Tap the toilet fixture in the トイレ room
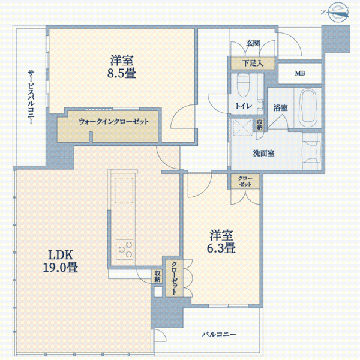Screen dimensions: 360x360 pos(243,85)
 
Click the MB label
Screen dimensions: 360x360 pos(300,73)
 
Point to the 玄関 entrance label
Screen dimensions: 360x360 pos(253,43)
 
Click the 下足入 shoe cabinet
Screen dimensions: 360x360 pos(253,63)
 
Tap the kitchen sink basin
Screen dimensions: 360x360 pos(124,190)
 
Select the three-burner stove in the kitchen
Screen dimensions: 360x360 pos(124,250)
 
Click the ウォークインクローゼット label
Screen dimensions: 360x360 pos(113,121)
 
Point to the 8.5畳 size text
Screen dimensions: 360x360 pos(121,73)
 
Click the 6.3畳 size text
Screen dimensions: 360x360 pos(221,248)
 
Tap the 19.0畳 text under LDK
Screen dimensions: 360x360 pos(61,267)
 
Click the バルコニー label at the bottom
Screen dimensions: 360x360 pos(219,334)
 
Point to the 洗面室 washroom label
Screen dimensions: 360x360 pos(263,153)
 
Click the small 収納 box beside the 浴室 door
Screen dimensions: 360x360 pos(260,125)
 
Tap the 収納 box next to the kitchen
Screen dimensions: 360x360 pos(157,276)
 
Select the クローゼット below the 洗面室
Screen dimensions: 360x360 pos(245,181)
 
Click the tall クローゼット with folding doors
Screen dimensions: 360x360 pos(174,278)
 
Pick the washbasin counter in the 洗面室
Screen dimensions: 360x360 pos(311,152)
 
